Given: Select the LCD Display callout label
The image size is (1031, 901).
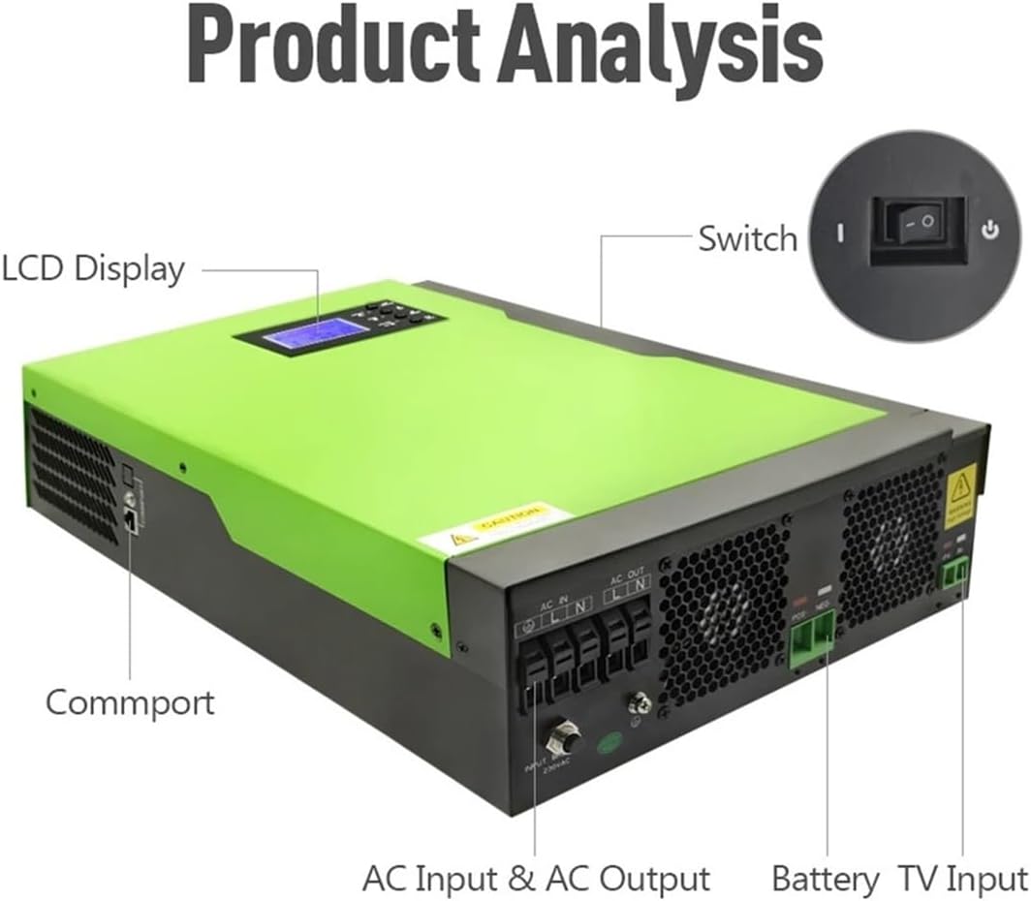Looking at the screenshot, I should (x=93, y=268).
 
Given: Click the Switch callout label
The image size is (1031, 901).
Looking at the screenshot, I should (x=747, y=238).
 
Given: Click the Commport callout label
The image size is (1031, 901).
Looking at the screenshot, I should (x=130, y=701).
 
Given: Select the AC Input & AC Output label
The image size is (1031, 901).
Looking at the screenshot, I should (x=536, y=879).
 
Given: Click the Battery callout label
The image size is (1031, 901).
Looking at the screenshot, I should (x=826, y=879).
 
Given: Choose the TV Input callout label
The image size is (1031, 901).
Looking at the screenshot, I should (x=961, y=879).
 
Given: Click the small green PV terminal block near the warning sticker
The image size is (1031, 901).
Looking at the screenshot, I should (x=953, y=576).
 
